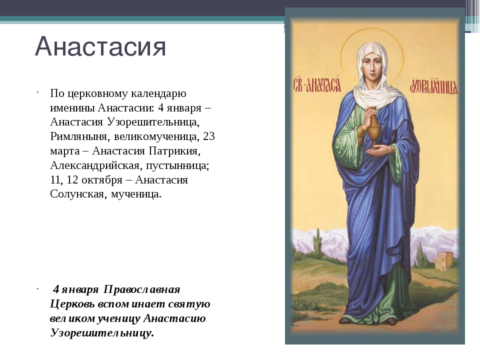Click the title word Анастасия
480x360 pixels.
coord(100,46)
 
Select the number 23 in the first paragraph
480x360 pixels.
coord(209,136)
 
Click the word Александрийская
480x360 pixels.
coord(95,165)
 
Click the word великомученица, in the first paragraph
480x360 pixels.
coord(156,136)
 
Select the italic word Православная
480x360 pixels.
coord(141,289)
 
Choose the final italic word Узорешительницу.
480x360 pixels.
coord(102,333)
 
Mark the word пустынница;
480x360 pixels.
coord(177,165)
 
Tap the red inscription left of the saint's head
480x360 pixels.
coord(317,84)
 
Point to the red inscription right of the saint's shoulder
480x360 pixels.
coord(434,85)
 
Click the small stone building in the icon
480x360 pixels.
coord(443,261)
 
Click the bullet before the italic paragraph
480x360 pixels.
coord(37,288)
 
